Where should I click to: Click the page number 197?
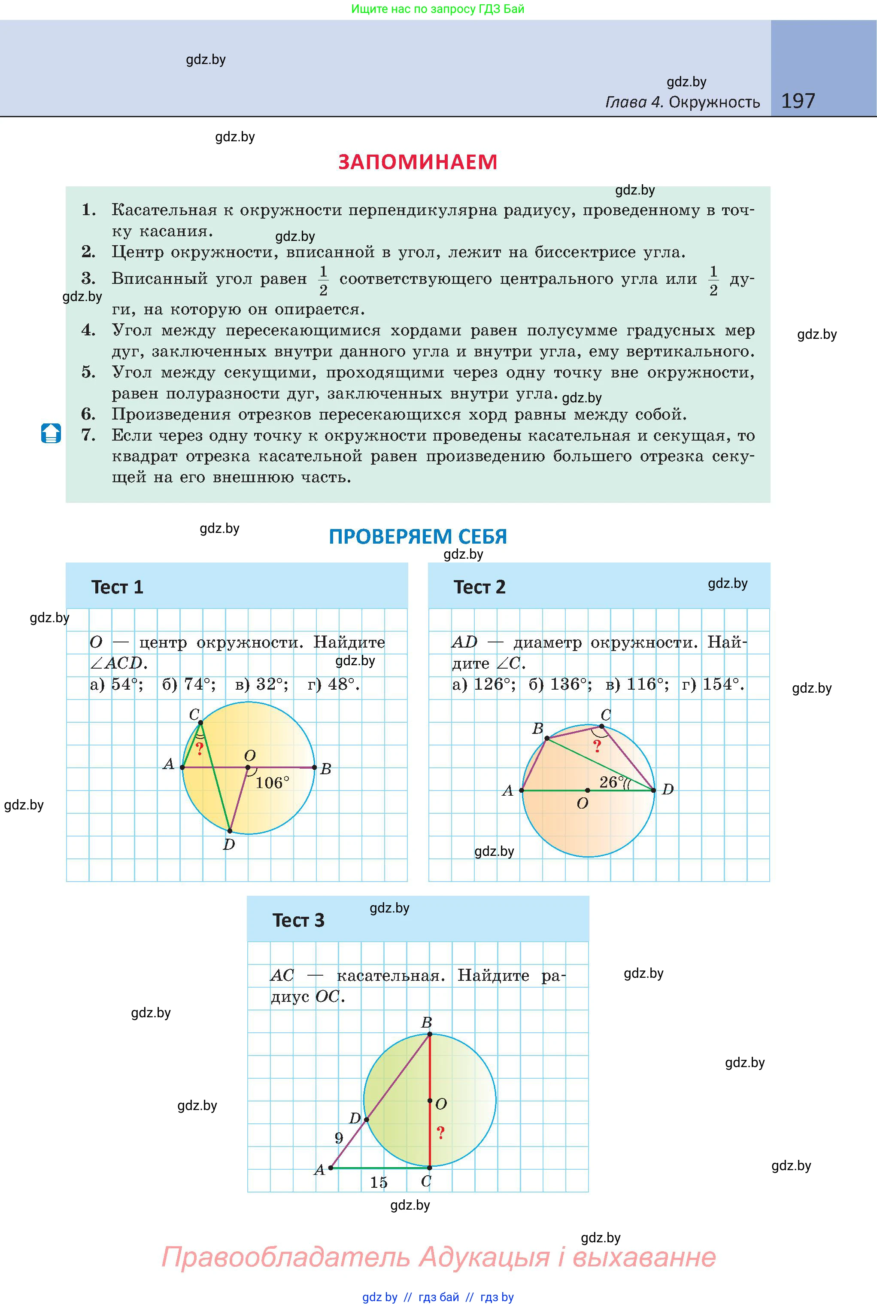(x=798, y=101)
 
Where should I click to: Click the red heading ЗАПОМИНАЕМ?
(x=418, y=162)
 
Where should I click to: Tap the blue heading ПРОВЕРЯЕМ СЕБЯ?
(x=418, y=536)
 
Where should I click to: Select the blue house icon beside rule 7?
(x=51, y=434)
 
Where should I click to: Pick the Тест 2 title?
(x=479, y=587)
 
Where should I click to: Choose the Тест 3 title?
(x=298, y=920)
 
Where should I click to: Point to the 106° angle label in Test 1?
(x=273, y=783)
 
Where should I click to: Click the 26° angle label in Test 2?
(x=611, y=782)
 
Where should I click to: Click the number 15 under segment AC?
(x=379, y=1182)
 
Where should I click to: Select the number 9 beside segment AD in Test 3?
(x=338, y=1138)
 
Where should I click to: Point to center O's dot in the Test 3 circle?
(x=430, y=1101)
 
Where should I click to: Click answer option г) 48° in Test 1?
(x=334, y=684)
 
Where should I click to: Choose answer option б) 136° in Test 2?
(x=560, y=684)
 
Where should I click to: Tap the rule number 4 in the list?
(x=88, y=330)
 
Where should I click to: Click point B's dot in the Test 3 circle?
(x=430, y=1034)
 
